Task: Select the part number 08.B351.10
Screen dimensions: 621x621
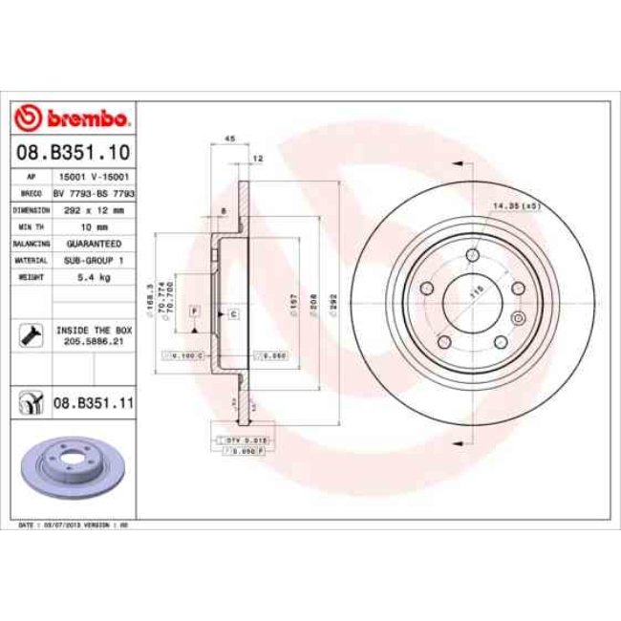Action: pyautogui.click(x=74, y=151)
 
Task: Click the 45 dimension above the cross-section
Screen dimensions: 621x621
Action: pyautogui.click(x=228, y=139)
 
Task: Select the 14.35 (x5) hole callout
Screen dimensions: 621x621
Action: pyautogui.click(x=515, y=204)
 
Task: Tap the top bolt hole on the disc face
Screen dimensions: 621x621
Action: pyautogui.click(x=473, y=255)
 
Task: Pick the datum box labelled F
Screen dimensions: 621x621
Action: pyautogui.click(x=194, y=311)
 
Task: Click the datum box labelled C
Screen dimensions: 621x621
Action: pyautogui.click(x=232, y=313)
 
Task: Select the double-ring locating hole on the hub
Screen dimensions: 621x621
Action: pyautogui.click(x=517, y=318)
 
